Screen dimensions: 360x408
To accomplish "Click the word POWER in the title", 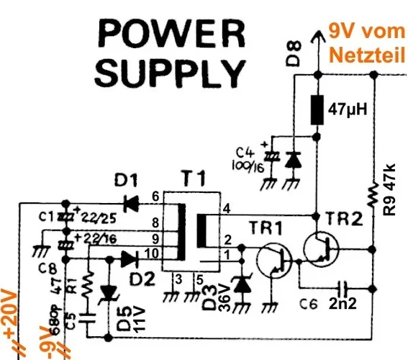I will [166, 33].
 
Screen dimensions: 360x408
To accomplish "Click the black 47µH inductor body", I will [315, 111].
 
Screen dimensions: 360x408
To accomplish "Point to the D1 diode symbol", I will [130, 204].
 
